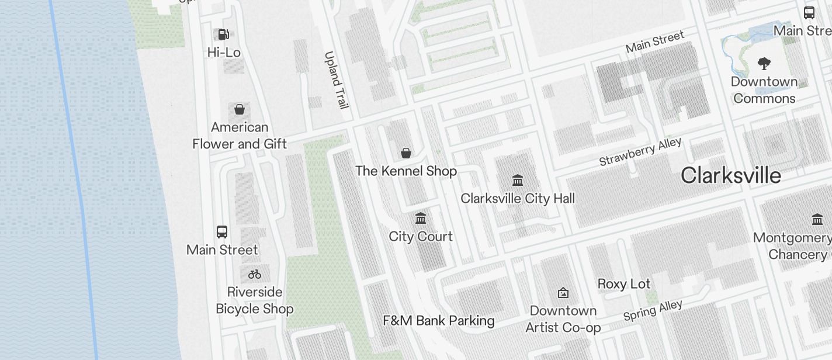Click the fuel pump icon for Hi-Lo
pos(223,34)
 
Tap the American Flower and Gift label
pos(240,136)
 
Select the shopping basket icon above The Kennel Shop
pos(406,154)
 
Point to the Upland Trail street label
pos(336,80)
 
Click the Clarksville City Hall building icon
pos(517,180)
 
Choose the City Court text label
pos(421,237)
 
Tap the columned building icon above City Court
pos(420,219)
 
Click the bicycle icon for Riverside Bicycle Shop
pos(255,274)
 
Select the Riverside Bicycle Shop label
pos(255,300)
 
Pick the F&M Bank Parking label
pos(438,321)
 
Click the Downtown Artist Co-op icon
pos(563,292)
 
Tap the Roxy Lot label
pos(623,285)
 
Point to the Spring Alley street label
pos(653,311)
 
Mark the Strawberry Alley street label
pos(640,152)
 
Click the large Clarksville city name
pos(730,175)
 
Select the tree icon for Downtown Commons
pos(764,64)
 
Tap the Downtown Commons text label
pos(764,90)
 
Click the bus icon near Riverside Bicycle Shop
pos(222,232)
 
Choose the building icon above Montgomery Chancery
pos(817,220)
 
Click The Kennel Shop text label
pos(406,171)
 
